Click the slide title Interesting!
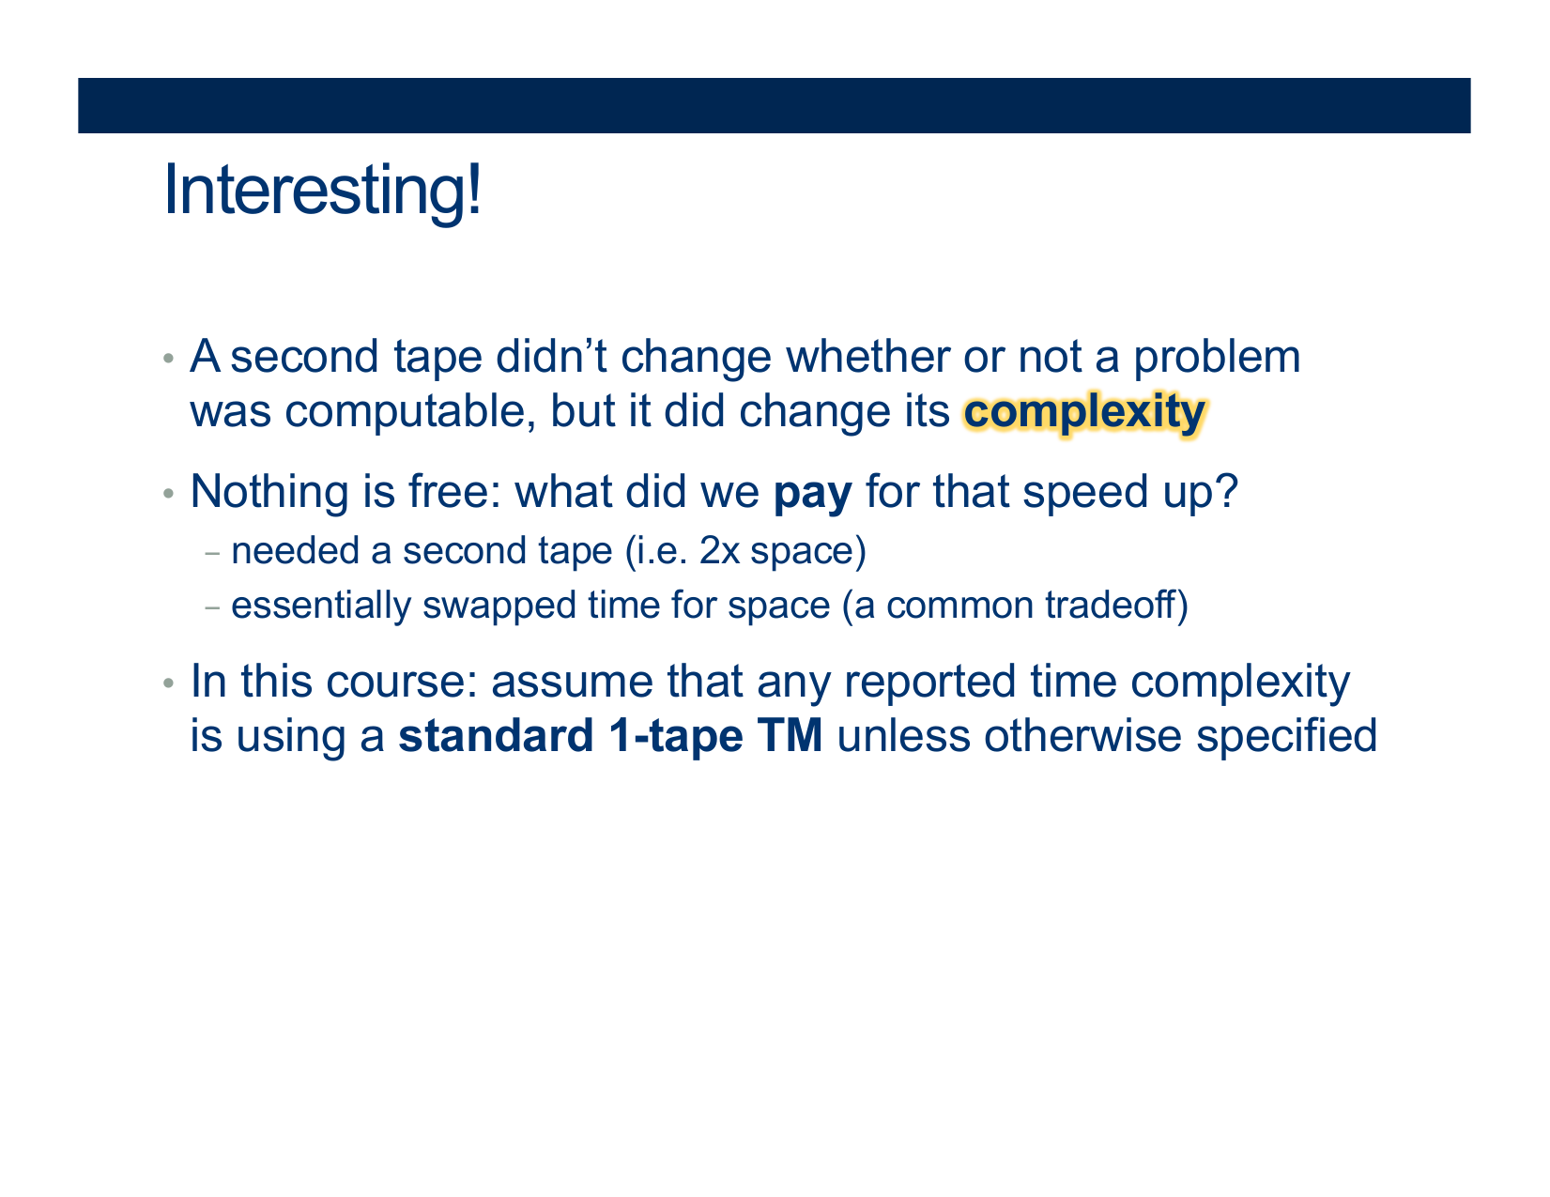(322, 191)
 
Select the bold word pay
(812, 494)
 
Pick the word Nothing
(269, 492)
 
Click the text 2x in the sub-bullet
(719, 551)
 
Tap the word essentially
(321, 606)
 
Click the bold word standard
(496, 736)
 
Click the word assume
(572, 682)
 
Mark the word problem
(1217, 358)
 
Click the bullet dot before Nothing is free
(168, 493)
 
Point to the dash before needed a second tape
(212, 553)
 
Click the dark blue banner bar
(775, 105)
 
